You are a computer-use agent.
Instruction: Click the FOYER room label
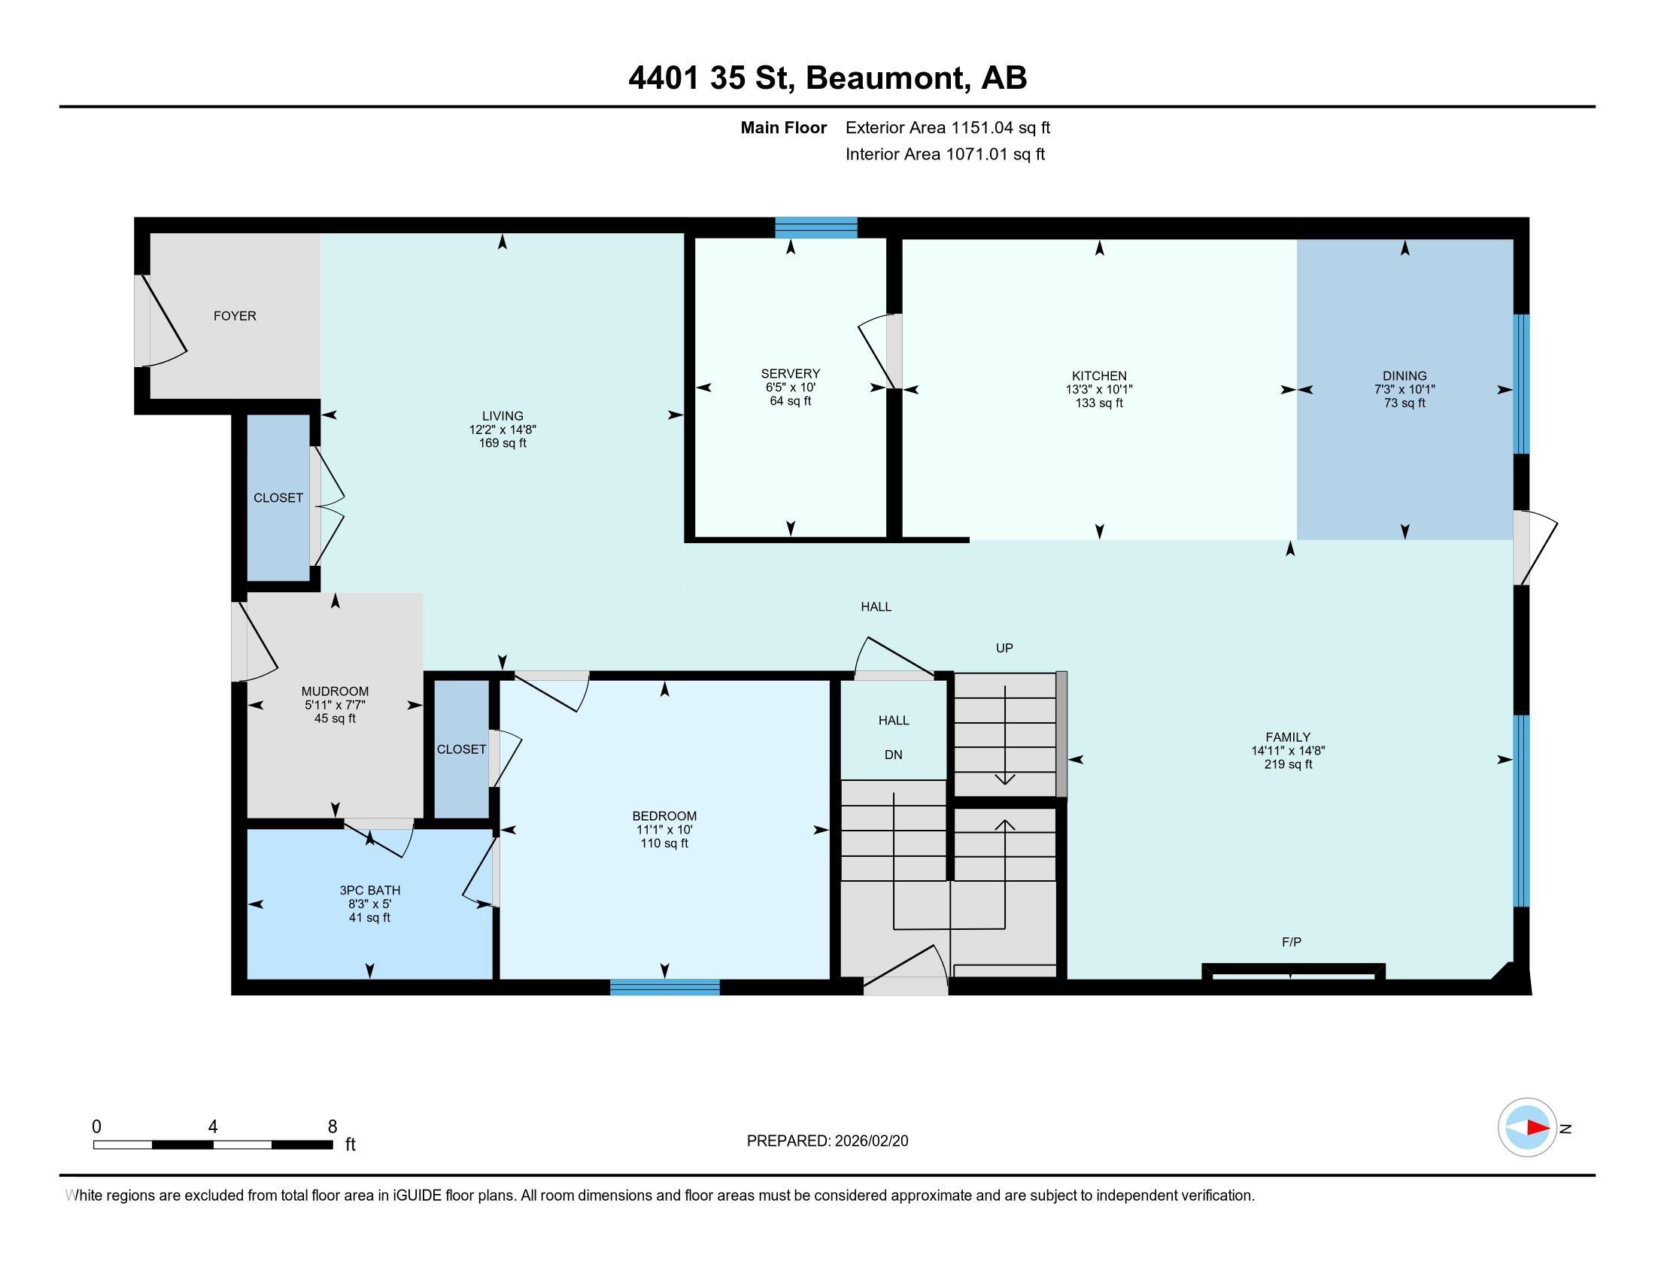coord(235,316)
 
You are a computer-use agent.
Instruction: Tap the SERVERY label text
coord(791,374)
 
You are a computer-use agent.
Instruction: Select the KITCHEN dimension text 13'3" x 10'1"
coord(1099,390)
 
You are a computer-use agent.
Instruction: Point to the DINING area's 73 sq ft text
coord(1404,403)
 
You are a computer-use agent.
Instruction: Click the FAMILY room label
coord(1287,737)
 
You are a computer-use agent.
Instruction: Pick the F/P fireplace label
coord(1291,942)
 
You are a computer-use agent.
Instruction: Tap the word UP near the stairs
coord(1004,648)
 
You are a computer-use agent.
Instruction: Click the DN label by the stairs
coord(894,755)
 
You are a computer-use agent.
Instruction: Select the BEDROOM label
coord(664,816)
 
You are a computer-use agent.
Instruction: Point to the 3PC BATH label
coord(370,890)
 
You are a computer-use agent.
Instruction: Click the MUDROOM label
coord(335,691)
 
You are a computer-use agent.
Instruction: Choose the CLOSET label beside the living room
coord(278,498)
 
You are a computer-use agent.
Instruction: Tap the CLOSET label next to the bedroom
coord(461,749)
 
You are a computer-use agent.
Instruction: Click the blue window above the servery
coord(816,227)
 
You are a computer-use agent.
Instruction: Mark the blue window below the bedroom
coord(664,986)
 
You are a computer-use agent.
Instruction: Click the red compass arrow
coord(1538,1128)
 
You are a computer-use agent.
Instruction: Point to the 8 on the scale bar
coord(332,1127)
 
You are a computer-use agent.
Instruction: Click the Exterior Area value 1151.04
coord(983,128)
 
